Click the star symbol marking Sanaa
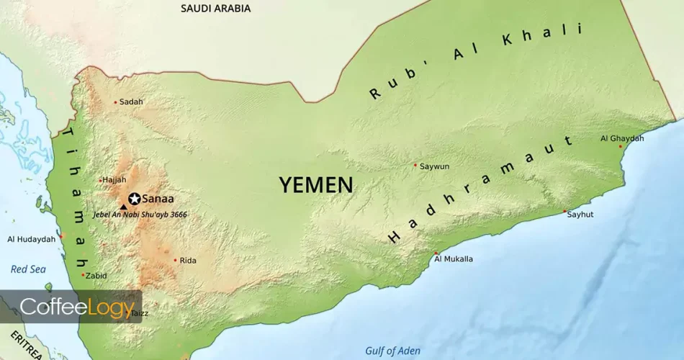click(134, 199)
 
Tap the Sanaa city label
click(158, 199)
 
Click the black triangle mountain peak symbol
click(123, 206)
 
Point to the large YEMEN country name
click(316, 185)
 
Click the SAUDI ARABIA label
click(215, 9)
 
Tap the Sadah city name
click(131, 102)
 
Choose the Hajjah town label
click(114, 179)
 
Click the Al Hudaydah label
click(31, 239)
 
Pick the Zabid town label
click(96, 275)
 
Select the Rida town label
click(187, 261)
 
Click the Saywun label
click(434, 166)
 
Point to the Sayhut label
click(580, 215)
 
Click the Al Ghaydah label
click(618, 138)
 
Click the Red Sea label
click(28, 269)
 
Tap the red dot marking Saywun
click(415, 165)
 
